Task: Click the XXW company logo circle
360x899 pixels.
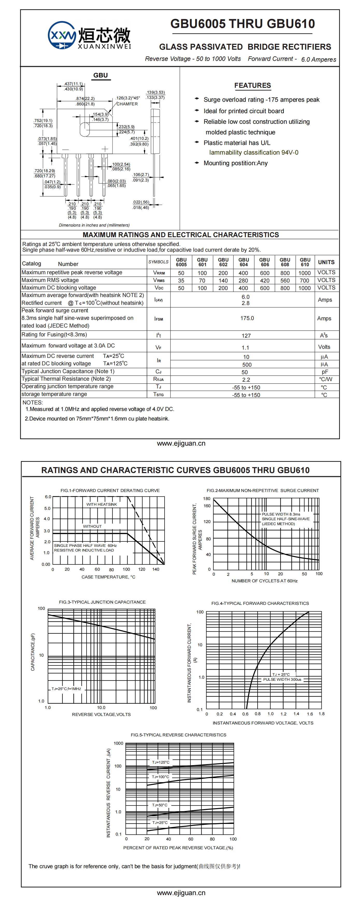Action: [62, 35]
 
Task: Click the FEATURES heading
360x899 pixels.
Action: [252, 85]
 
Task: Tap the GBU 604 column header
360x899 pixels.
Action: [244, 262]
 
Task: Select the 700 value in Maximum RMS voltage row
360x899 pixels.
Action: [305, 280]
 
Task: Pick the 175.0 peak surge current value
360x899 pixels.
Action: [247, 318]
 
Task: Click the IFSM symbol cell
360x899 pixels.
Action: [159, 319]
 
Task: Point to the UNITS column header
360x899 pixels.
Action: [326, 262]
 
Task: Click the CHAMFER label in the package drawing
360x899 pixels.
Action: [127, 104]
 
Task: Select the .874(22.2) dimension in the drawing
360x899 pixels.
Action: [85, 99]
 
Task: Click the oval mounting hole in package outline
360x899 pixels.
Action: [84, 129]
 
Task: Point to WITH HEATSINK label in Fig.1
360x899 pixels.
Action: [102, 504]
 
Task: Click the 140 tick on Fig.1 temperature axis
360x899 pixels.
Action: [156, 569]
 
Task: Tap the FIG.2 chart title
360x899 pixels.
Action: [263, 490]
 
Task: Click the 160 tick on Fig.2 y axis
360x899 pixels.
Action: [207, 506]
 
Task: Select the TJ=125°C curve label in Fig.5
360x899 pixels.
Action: [161, 762]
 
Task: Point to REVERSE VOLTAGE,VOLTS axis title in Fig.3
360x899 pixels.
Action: [101, 714]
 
